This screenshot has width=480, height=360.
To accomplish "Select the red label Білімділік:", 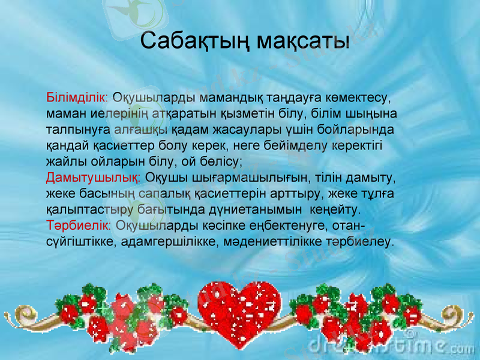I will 77,97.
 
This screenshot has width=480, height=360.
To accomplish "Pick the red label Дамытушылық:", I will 94,178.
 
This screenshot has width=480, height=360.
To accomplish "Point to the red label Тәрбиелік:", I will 79,226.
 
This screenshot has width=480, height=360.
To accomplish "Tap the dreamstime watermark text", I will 390,346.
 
